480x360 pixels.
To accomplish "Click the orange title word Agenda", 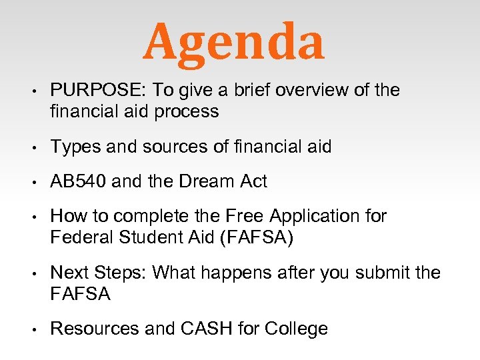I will tap(233, 41).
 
